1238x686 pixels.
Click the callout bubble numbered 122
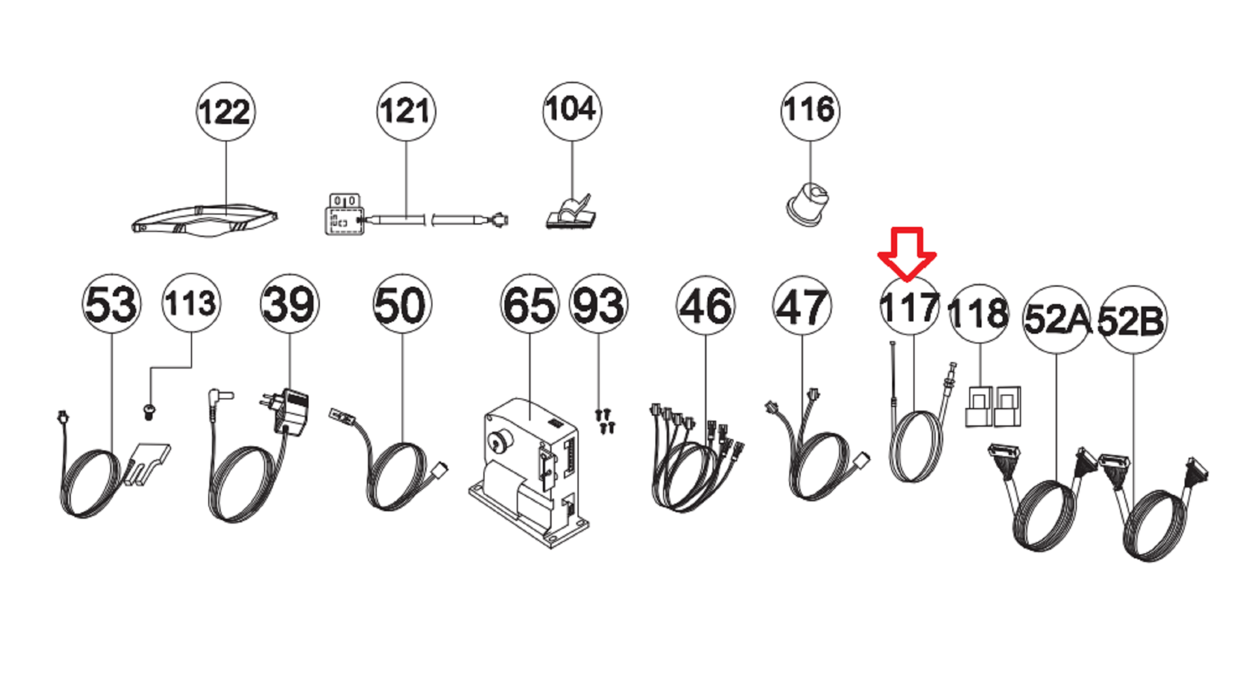225,112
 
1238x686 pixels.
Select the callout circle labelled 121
406,111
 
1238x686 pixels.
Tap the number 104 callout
572,111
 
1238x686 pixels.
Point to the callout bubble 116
810,111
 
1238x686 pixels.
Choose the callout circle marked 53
112,303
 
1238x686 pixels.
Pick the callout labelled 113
191,303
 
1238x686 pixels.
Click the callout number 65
530,304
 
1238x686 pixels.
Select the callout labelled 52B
1132,320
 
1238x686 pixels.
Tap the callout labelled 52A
1057,319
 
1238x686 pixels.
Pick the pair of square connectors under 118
993,407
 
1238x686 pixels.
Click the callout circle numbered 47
802,306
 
